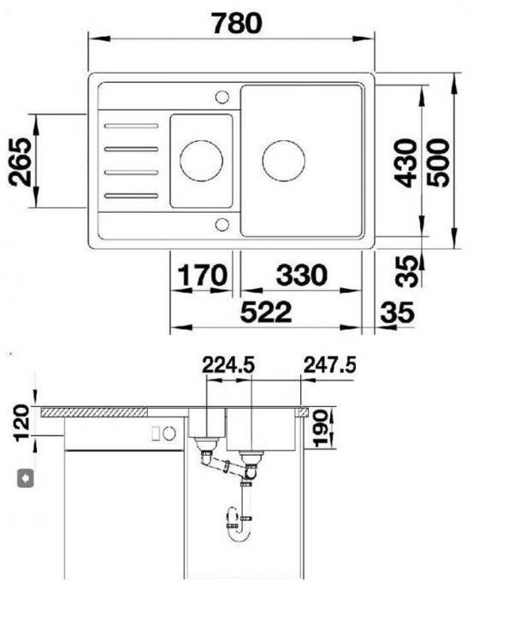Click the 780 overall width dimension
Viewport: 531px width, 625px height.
237,23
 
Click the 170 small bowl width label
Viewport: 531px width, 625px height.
203,275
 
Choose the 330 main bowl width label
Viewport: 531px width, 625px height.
301,275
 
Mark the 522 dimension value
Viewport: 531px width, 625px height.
265,312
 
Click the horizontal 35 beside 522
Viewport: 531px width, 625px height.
396,313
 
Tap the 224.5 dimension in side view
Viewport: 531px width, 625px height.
228,365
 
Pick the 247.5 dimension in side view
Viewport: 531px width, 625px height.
329,365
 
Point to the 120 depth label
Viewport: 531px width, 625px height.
21,423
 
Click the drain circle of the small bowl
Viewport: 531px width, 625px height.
202,160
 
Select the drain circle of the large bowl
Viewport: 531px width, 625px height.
283,160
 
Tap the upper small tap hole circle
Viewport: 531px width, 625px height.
221,96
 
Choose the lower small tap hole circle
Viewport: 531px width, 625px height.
221,224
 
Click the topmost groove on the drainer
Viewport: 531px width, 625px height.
132,127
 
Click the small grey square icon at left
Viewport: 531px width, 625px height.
27,477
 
